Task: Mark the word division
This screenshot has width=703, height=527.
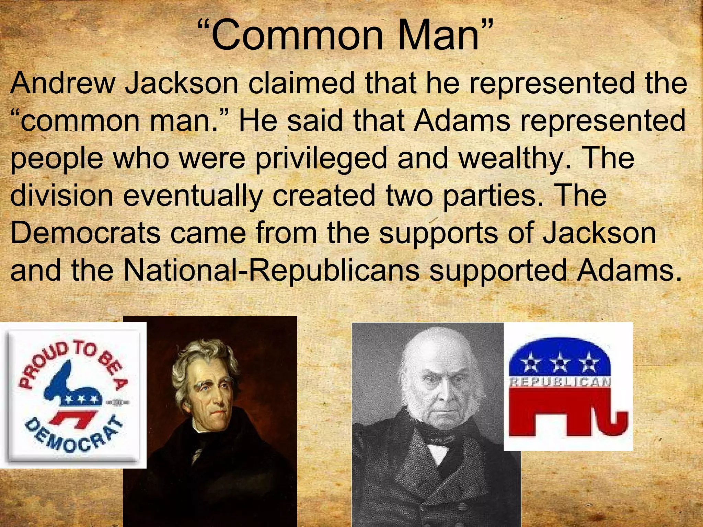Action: pyautogui.click(x=62, y=196)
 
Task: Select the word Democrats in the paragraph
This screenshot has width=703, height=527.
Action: pyautogui.click(x=85, y=233)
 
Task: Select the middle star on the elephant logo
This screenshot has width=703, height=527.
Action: pyautogui.click(x=560, y=362)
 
